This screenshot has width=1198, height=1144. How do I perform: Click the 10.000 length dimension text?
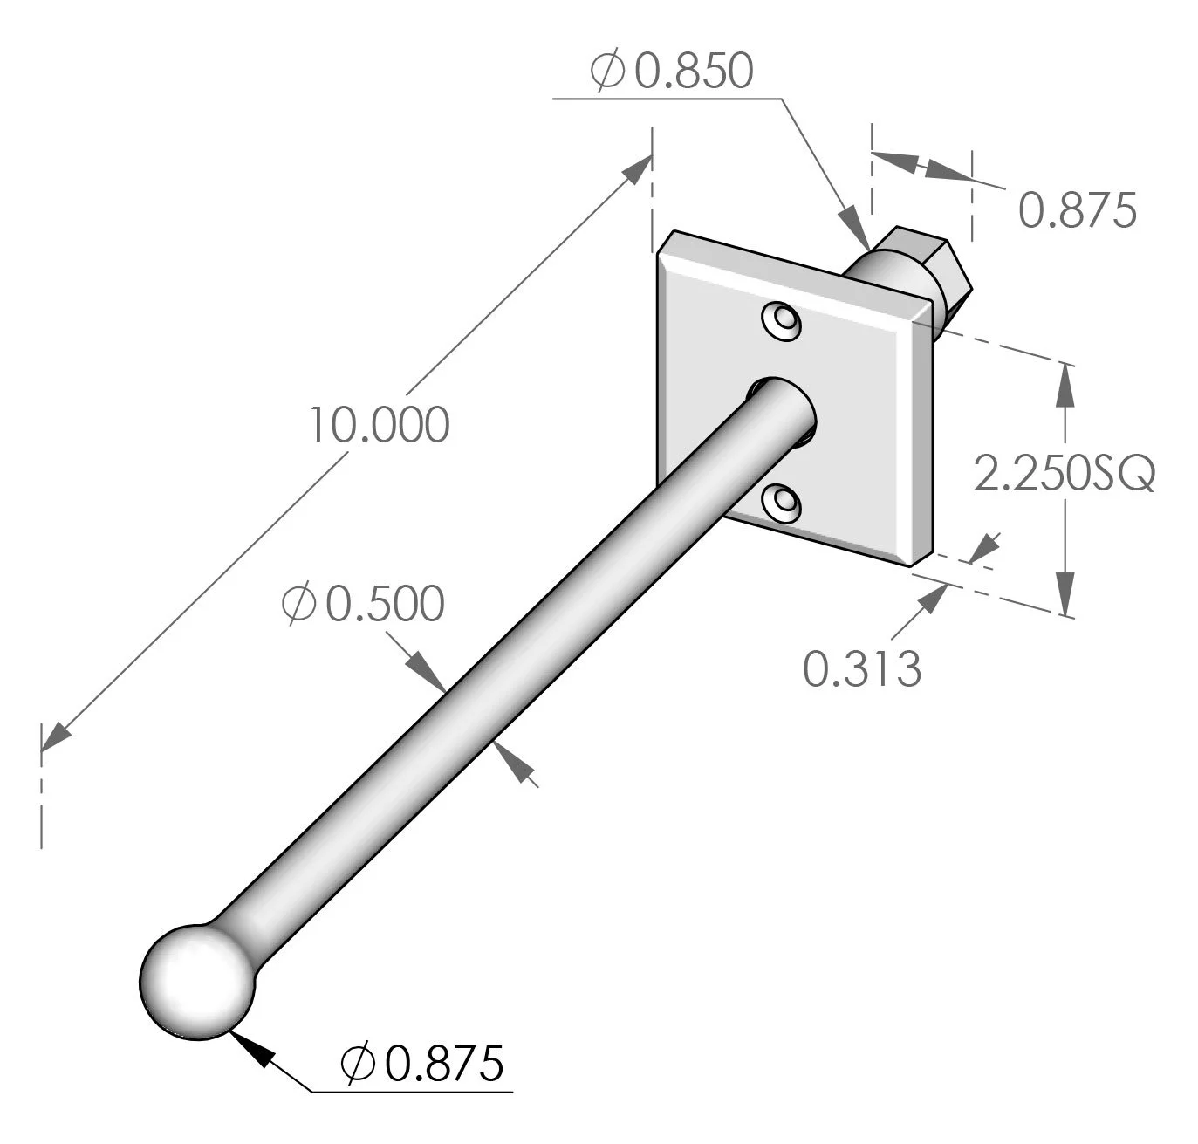point(380,425)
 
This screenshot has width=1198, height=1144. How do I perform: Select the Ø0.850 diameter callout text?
point(670,72)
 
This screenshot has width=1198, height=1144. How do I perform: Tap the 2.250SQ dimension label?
point(1064,475)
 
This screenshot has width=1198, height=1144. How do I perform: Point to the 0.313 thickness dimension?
point(861,669)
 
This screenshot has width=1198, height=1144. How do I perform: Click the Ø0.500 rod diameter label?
point(363,604)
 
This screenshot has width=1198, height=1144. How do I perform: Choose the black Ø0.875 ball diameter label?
point(422,1062)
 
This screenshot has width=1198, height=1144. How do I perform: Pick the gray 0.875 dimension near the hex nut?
point(1077,210)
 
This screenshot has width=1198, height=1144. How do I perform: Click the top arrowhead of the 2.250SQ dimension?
point(1064,384)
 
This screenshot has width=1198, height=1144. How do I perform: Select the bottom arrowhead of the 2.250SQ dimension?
point(1065,593)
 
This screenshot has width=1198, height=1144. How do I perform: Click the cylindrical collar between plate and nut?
point(881,277)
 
